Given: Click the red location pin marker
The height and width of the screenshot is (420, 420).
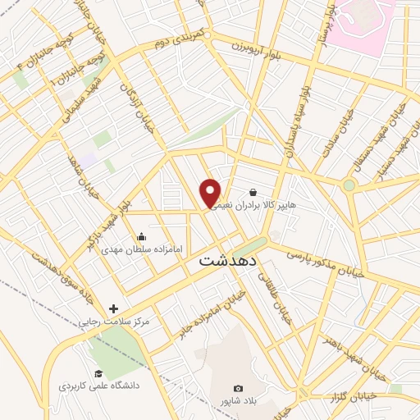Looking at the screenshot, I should pyautogui.click(x=211, y=194).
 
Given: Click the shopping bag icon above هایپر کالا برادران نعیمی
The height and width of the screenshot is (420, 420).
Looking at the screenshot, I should pyautogui.click(x=263, y=194).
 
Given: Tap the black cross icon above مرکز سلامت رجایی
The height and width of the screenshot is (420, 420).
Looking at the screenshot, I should pyautogui.click(x=113, y=308).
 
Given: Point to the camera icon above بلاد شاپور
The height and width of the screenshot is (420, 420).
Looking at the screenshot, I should pyautogui.click(x=238, y=388).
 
